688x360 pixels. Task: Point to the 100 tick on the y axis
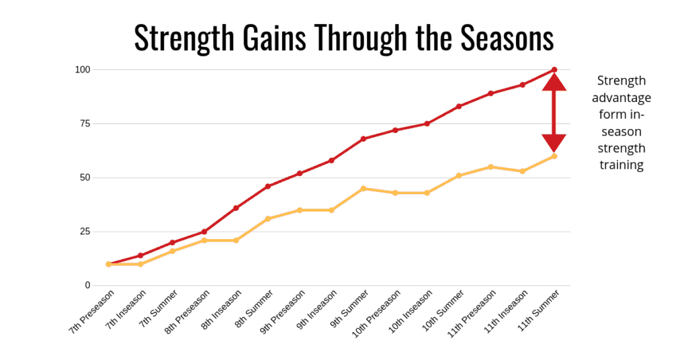click(x=83, y=70)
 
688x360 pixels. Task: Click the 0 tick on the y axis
click(x=87, y=285)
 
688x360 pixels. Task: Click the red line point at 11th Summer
click(x=554, y=70)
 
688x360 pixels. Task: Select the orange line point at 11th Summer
click(x=554, y=156)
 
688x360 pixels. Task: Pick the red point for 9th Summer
click(x=363, y=139)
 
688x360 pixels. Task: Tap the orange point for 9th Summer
click(x=363, y=189)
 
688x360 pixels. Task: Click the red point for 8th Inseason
click(x=236, y=208)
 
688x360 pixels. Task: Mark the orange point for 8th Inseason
click(x=236, y=240)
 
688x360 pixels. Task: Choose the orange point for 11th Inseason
click(x=523, y=171)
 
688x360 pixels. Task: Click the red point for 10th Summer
click(x=459, y=107)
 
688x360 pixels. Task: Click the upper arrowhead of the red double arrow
click(x=554, y=82)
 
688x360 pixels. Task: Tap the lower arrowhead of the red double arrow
click(x=554, y=143)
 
